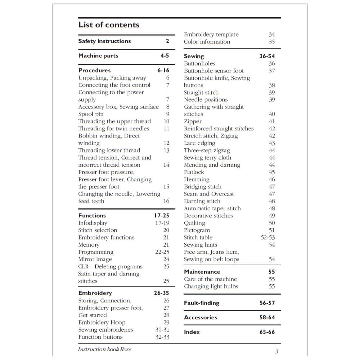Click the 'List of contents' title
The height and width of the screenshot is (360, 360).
coord(109,25)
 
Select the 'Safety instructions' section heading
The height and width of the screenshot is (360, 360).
coord(104,41)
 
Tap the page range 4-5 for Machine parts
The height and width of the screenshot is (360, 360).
coord(165,56)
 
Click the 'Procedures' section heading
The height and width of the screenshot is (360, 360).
coord(94,70)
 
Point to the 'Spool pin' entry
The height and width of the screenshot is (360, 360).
coord(91,114)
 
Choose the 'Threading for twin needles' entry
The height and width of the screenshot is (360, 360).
coord(113,129)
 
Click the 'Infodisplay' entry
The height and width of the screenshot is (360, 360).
coord(93,223)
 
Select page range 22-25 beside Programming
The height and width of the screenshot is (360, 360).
coord(162,252)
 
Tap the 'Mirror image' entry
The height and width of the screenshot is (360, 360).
coord(95,259)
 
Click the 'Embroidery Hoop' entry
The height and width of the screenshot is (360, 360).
coord(102,323)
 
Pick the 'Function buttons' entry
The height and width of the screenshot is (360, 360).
coord(100,337)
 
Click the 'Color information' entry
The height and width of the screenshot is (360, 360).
coord(207,42)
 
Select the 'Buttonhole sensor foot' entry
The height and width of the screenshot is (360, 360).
coord(213,71)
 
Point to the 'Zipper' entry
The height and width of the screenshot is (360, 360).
coord(193,122)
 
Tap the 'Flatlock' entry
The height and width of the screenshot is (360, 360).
coord(194,172)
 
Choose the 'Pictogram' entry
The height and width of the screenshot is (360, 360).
coord(197,230)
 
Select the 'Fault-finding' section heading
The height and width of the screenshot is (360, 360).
coord(201,303)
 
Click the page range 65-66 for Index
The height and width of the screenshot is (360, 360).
coord(267,332)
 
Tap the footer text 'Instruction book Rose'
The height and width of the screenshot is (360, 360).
coord(104,350)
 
